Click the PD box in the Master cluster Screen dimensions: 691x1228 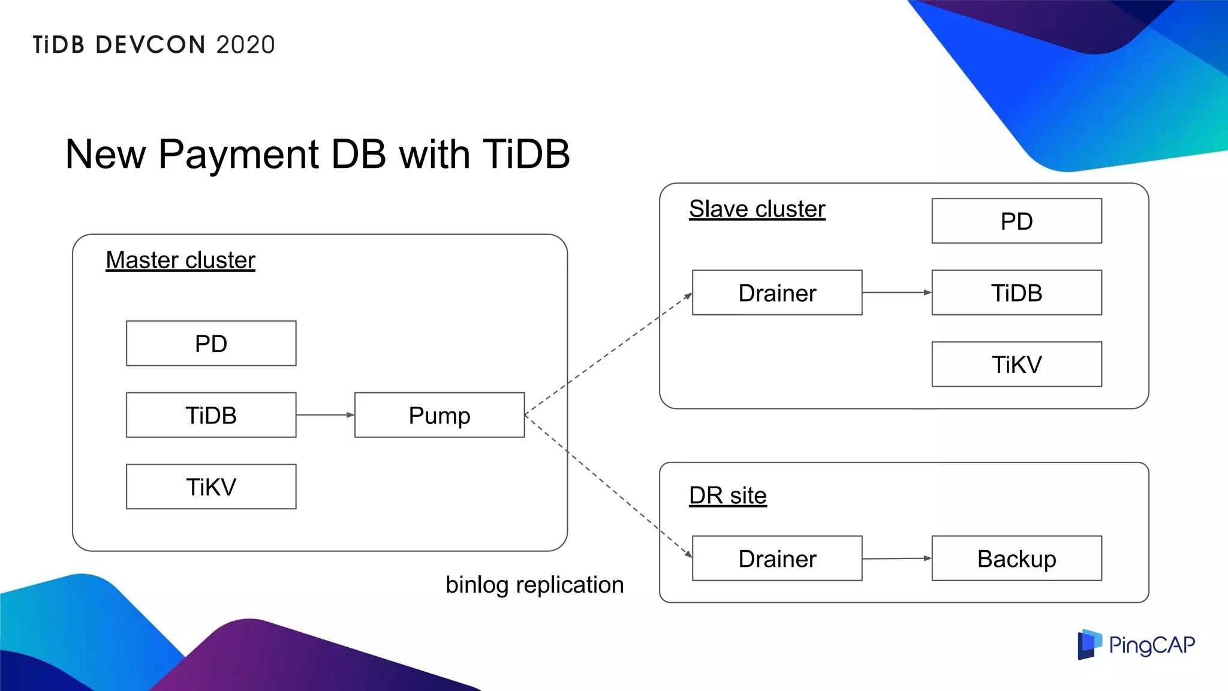[x=211, y=343]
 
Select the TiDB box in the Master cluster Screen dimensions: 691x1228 [x=211, y=415]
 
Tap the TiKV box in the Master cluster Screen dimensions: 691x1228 [x=211, y=486]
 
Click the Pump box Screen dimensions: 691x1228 [x=440, y=415]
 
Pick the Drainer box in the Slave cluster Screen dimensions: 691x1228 [x=777, y=293]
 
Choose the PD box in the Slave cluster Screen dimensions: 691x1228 [x=1016, y=221]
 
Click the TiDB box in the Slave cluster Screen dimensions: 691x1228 [x=1016, y=293]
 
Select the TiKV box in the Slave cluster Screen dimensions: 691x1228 [x=1016, y=364]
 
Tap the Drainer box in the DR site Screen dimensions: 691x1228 [x=777, y=558]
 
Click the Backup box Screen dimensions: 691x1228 [x=1016, y=558]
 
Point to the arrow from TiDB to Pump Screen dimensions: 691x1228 [x=325, y=414]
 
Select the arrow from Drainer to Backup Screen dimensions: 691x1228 [x=897, y=558]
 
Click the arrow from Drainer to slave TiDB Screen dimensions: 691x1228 [x=897, y=293]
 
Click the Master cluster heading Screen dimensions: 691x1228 [x=180, y=260]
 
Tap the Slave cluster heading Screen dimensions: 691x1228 [x=757, y=209]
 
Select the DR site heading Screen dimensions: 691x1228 [x=727, y=495]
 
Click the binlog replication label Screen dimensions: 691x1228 [x=534, y=585]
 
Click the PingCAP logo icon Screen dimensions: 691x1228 [x=1089, y=644]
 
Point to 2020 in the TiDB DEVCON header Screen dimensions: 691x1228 [x=245, y=45]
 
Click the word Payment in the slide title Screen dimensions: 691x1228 [x=238, y=155]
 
